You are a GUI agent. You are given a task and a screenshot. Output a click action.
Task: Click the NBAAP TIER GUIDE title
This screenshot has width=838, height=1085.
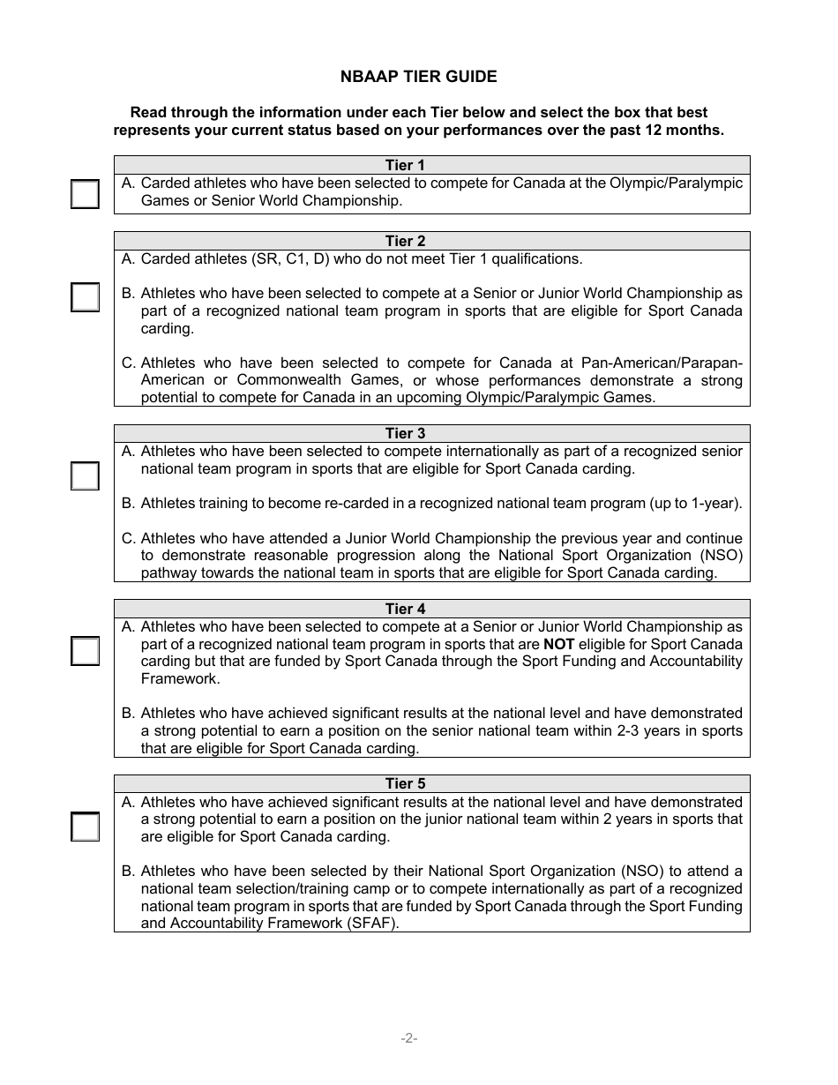tap(418, 77)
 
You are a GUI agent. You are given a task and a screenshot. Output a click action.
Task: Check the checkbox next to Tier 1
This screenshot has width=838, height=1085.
tap(85, 193)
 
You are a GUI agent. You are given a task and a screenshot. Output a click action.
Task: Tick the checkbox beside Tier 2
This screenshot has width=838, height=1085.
tap(85, 297)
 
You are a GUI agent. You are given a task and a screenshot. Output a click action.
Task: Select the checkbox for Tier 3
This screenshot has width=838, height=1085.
tap(85, 475)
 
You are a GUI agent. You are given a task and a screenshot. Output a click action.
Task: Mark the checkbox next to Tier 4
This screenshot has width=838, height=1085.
tap(85, 651)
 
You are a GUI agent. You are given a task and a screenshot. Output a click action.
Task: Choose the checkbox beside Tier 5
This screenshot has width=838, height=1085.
tap(85, 827)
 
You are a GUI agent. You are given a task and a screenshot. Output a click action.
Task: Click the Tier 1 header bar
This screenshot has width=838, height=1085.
tap(431, 165)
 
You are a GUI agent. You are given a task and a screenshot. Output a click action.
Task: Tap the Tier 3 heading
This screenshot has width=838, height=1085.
tap(405, 433)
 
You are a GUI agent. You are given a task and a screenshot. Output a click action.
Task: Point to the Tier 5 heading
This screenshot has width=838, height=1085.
tap(405, 783)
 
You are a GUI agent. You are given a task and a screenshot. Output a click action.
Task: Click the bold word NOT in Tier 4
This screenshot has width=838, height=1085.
tap(558, 644)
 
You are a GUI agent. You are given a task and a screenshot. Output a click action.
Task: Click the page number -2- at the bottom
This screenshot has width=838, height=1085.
tap(408, 1038)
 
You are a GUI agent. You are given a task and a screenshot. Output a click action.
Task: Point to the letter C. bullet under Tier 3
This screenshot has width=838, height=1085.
tap(128, 538)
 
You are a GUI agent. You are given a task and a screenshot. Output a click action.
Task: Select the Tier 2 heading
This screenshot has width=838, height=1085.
tap(405, 241)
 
